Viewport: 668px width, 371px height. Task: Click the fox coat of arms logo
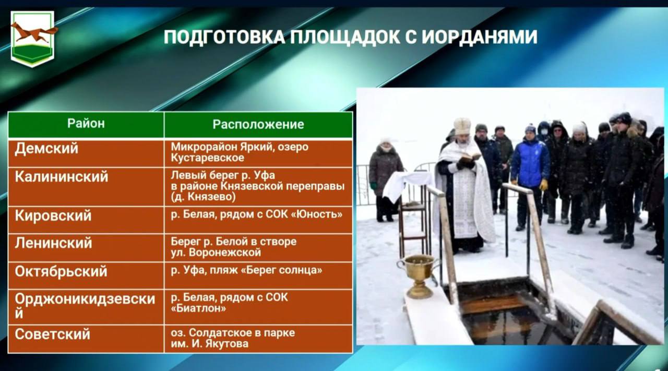(32, 39)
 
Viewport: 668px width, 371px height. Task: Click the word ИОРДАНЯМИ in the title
(480, 37)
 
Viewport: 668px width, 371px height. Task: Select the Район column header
(86, 124)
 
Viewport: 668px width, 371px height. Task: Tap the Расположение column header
(258, 124)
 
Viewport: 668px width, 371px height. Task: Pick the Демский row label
(46, 148)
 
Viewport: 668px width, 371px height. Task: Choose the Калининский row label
(62, 176)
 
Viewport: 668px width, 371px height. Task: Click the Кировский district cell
(86, 220)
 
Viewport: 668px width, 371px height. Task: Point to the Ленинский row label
(53, 243)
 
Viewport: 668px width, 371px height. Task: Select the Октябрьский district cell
(86, 276)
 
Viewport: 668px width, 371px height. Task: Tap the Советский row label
(53, 334)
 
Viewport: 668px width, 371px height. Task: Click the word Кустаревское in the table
(208, 158)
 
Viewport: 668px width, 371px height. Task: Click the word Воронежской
(225, 253)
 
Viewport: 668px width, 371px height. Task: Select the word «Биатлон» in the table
(198, 308)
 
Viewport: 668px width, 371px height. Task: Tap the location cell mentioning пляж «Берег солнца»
(258, 276)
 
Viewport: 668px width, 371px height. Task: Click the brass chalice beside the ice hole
(419, 276)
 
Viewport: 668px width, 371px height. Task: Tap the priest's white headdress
(462, 126)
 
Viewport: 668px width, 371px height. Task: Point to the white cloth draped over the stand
(407, 185)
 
